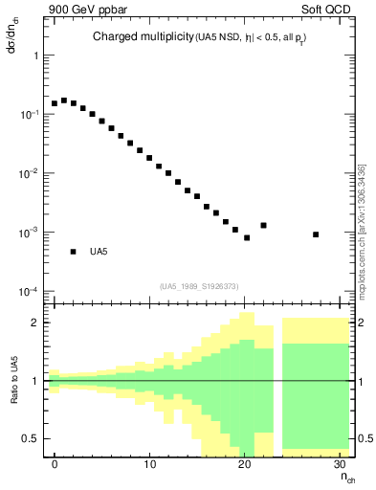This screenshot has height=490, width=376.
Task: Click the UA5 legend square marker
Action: point(73,252)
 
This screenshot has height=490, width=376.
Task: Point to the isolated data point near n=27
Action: point(316,234)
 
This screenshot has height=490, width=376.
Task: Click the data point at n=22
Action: point(263,226)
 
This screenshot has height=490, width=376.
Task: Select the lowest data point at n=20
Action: point(247,237)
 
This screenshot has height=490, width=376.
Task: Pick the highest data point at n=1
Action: point(64,100)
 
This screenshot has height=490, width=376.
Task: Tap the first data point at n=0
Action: point(55,103)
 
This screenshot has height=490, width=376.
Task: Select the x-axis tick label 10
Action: point(149,464)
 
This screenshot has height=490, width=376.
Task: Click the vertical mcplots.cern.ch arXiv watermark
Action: point(361,234)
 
